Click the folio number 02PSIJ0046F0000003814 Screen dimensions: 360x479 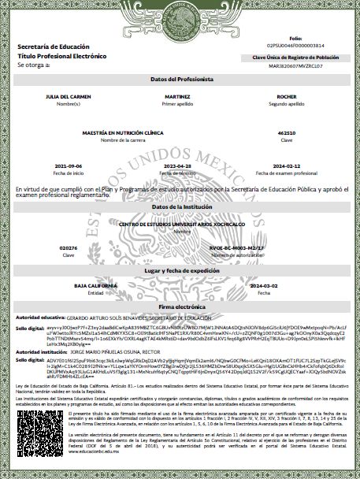(295, 46)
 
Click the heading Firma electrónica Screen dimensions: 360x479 (177, 304)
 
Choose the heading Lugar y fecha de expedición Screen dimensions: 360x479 (177, 270)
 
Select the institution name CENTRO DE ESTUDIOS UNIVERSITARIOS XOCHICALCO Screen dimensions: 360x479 (177, 225)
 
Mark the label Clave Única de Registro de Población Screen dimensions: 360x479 (295, 58)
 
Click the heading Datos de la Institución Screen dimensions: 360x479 (177, 206)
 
